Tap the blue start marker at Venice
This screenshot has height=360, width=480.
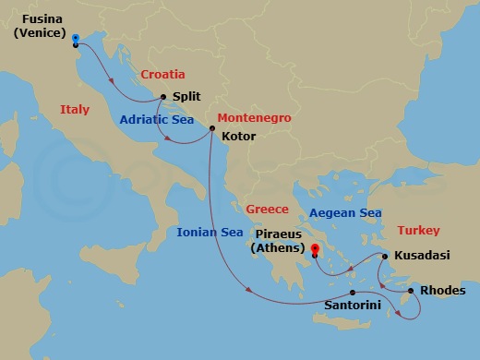point(75,37)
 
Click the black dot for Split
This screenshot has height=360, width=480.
point(163,97)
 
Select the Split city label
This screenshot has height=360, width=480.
point(186,97)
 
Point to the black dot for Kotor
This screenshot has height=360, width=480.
point(211,130)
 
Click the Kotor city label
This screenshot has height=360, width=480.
point(239,136)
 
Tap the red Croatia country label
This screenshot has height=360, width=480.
point(163,74)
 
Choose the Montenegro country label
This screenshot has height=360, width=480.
point(254,118)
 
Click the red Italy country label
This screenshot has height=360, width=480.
point(75,109)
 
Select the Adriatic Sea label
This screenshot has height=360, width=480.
point(154,119)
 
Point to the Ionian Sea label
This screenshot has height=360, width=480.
point(210,232)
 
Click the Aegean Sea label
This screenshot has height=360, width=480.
point(345,212)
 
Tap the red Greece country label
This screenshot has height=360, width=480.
point(268,208)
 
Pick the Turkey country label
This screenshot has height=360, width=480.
point(419,230)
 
